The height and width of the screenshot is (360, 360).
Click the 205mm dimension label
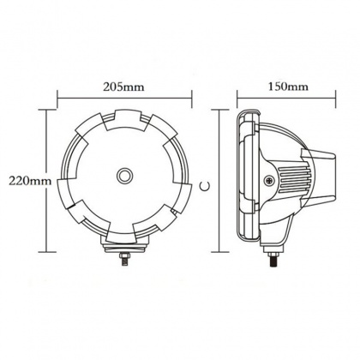[x=123, y=87]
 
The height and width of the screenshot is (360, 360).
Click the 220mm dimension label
[x=30, y=181]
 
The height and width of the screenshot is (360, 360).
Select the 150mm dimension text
[x=288, y=87]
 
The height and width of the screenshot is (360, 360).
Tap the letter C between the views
[x=205, y=186]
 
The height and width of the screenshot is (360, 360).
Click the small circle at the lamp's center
[x=124, y=175]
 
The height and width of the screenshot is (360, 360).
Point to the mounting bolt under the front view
[x=124, y=259]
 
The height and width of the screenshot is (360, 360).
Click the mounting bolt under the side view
[x=273, y=259]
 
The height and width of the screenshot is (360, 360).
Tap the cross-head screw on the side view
[x=269, y=181]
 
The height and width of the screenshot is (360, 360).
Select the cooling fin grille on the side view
[x=294, y=180]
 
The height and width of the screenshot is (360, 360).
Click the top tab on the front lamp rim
[x=124, y=120]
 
